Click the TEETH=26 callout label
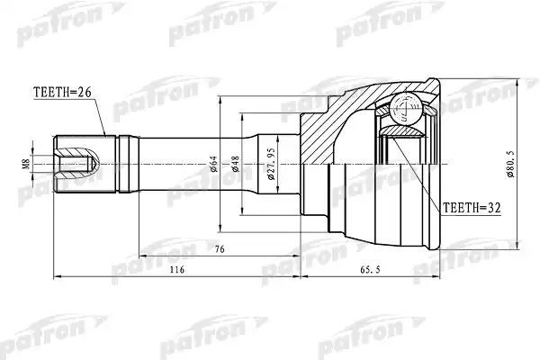click(x=62, y=93)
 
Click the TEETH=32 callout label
click(x=472, y=208)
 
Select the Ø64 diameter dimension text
click(x=213, y=164)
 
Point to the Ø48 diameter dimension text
click(x=236, y=164)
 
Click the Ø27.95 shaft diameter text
click(x=271, y=164)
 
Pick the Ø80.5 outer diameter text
click(x=510, y=164)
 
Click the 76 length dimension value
click(x=220, y=248)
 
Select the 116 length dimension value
click(x=177, y=269)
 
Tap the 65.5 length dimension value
click(x=370, y=269)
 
